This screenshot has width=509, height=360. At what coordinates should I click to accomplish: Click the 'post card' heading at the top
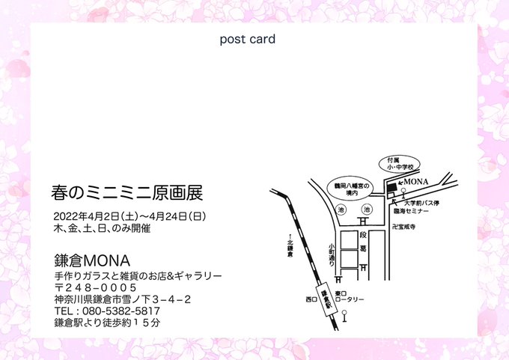pos(247,39)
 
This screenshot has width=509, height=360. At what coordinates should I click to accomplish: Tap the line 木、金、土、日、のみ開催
pos(102,228)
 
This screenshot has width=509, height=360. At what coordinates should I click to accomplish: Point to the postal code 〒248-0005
pos(95,287)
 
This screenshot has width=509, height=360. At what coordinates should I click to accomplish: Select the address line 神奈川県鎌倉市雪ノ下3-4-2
pos(122,299)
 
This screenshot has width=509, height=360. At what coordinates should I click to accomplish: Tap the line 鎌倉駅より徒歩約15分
pos(107,323)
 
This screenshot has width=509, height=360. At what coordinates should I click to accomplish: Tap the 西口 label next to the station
pos(312,299)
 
